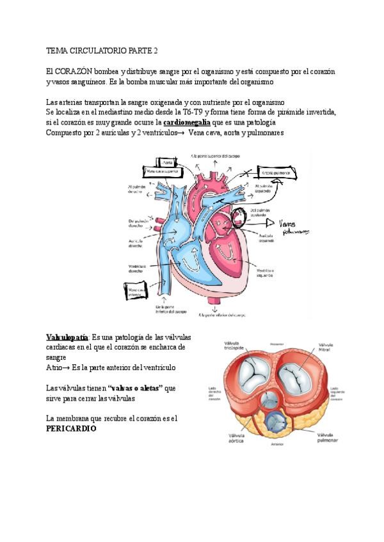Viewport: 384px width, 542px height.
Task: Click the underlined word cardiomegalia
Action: coord(188,121)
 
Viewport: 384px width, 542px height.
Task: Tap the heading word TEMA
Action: coord(57,50)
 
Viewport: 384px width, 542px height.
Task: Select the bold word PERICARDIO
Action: coord(71,429)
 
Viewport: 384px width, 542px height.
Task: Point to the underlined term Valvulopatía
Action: coord(67,337)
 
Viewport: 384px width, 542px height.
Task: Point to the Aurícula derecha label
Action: coord(134,244)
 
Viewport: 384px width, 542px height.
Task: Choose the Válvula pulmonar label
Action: coord(326,438)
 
